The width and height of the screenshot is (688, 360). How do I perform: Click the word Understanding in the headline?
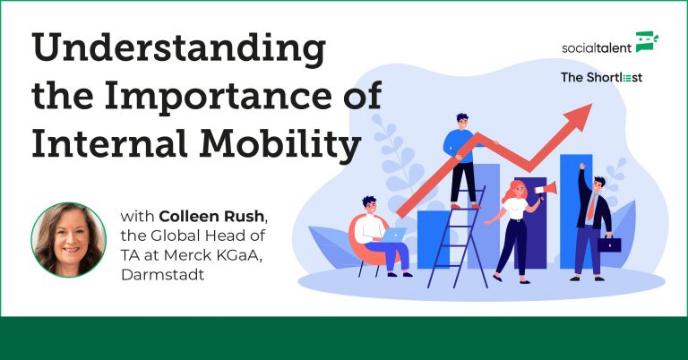[x=178, y=50]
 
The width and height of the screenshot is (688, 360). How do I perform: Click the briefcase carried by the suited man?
[x=611, y=244]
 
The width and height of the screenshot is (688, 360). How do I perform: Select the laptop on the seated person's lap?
[x=394, y=235]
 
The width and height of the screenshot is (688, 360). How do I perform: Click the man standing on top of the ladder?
[x=463, y=157]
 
